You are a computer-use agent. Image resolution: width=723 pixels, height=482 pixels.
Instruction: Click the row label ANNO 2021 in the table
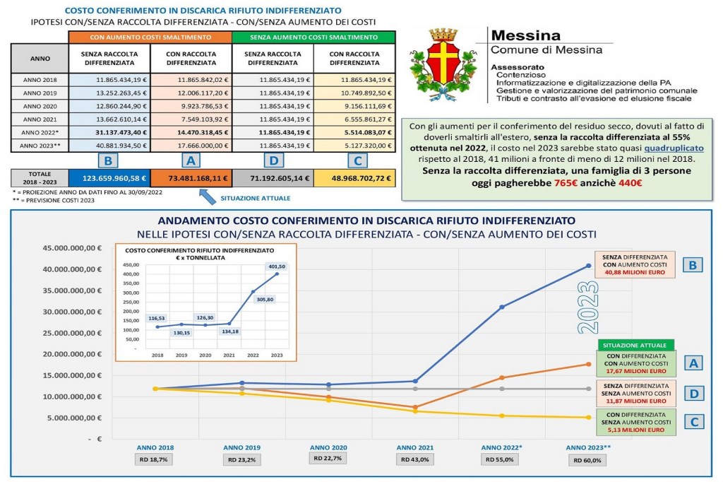coord(40,118)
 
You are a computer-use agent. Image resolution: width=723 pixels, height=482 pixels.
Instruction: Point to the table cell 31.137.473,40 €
coord(109,131)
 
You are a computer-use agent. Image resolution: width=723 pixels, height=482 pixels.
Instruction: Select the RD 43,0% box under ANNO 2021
coord(414,459)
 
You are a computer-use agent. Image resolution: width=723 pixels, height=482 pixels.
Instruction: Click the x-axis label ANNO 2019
coord(242,447)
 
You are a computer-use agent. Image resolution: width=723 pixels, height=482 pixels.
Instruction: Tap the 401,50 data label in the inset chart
coord(276,266)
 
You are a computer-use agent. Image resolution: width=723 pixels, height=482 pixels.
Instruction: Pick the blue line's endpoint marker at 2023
coord(588,266)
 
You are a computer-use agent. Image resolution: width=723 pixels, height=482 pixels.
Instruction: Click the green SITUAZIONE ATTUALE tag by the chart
coord(634,345)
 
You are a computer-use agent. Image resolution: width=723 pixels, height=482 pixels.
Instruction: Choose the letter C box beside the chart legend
coord(693,422)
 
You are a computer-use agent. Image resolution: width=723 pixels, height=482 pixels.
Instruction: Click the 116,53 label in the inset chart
coord(138,318)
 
